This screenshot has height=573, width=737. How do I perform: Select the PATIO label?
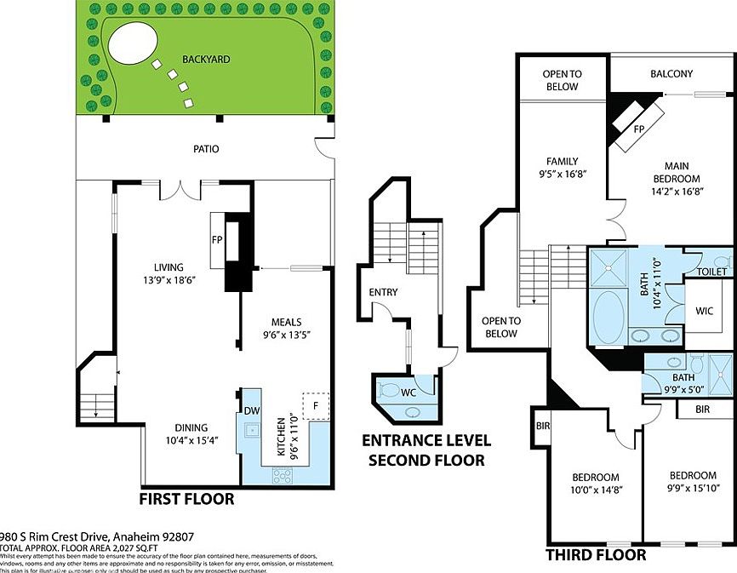[x=205, y=149]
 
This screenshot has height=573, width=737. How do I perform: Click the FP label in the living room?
[x=217, y=240]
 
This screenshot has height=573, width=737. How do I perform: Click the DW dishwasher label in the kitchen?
[x=251, y=410]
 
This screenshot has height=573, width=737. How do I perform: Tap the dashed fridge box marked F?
[x=316, y=405]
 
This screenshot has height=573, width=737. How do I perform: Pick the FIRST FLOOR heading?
[x=186, y=498]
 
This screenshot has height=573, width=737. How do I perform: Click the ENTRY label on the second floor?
[x=383, y=292]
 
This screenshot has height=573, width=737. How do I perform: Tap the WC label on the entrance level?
[x=408, y=393]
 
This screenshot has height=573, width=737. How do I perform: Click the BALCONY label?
[x=671, y=74]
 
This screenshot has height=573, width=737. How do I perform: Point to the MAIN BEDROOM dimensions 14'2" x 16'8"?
[x=676, y=193]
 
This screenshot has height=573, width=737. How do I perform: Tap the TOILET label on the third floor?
[x=711, y=272]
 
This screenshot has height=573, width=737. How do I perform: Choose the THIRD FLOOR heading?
[x=595, y=555]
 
